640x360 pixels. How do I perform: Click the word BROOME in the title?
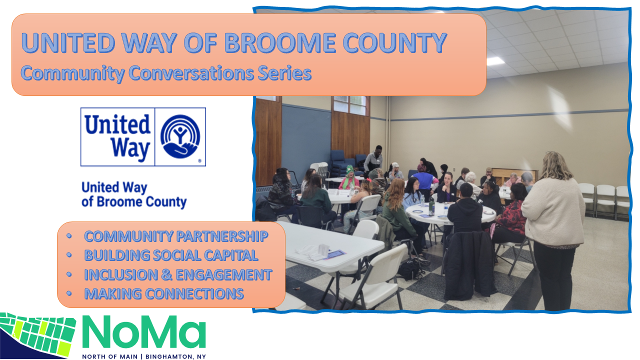tap(280, 43)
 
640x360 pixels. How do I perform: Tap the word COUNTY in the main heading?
tap(395, 43)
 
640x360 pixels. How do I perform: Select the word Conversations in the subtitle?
tap(191, 73)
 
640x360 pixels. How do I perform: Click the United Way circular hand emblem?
tap(180, 136)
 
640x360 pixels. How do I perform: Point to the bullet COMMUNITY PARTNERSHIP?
tap(176, 236)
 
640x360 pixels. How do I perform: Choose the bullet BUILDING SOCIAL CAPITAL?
tap(171, 255)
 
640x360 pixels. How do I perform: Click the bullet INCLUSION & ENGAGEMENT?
tap(178, 274)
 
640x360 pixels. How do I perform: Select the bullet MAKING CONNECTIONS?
tap(164, 293)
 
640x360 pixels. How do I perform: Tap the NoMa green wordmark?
tap(144, 331)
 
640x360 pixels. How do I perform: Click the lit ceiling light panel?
tap(495, 61)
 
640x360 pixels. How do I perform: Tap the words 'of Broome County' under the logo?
tap(134, 202)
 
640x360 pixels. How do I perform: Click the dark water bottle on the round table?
tap(431, 206)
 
